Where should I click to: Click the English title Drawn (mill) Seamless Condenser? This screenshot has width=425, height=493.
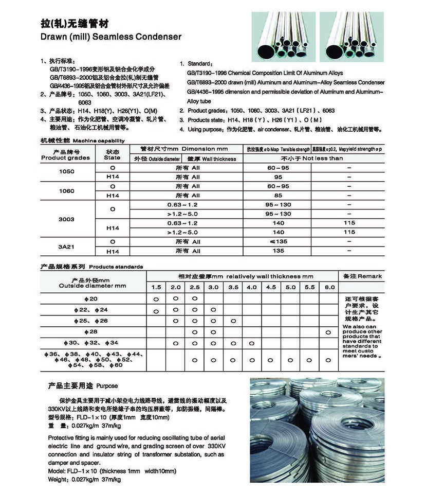pos(110,37)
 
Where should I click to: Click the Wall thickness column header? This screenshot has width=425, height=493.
pos(212,159)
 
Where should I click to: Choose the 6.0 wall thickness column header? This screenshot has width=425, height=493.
pos(330,287)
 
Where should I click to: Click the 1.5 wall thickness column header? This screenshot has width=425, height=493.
pos(156,287)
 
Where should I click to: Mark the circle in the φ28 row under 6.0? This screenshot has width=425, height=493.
pos(328,332)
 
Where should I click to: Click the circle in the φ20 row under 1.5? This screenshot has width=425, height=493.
pos(156,299)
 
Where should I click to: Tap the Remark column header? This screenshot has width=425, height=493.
pos(363,276)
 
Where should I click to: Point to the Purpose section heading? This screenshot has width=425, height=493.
pos(83,385)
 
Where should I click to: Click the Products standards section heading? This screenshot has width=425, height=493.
pos(91,267)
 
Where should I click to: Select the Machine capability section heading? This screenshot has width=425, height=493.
pos(82,140)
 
